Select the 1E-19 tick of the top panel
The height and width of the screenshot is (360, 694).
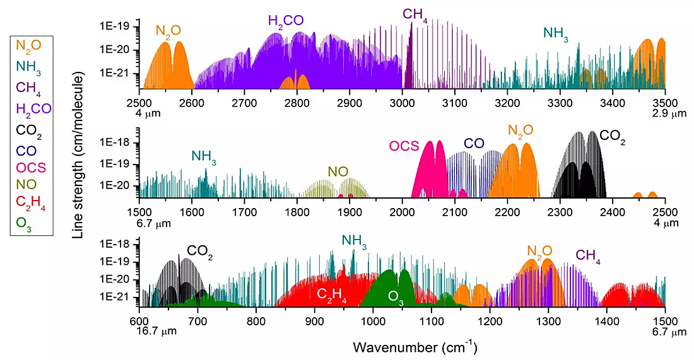coord(117,26)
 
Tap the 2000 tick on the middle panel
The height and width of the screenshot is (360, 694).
coord(402,212)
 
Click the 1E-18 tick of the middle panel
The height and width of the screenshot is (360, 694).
coord(117,143)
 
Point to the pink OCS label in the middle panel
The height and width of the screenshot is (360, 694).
coord(404,146)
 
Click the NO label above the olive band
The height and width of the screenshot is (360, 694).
coord(336,171)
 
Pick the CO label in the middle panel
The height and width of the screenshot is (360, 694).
coord(474,144)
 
